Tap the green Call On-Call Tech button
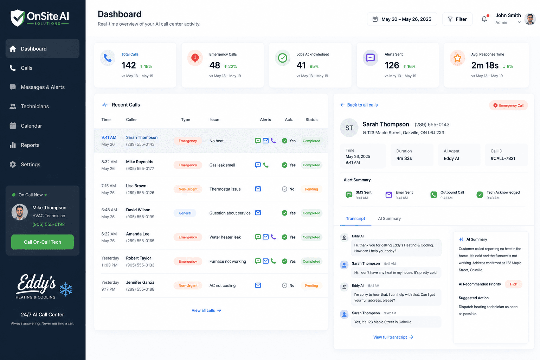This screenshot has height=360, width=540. coord(43,242)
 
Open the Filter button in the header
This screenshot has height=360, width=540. coord(457,19)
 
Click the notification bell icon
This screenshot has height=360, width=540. coord(484,19)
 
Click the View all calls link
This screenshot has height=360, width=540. coord(206,310)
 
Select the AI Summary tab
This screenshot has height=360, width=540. coord(389,218)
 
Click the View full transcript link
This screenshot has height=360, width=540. coord(393,337)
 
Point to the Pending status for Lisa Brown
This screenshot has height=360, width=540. coord(311,189)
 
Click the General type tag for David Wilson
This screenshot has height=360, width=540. coord(185,213)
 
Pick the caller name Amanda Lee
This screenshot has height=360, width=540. coord(138,234)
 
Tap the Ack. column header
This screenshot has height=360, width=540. coord(289,120)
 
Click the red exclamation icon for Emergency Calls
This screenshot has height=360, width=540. coord(195,58)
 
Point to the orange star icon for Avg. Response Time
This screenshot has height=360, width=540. coord(457,58)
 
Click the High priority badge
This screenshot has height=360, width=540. coord(514,284)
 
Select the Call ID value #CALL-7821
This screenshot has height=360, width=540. coord(503,159)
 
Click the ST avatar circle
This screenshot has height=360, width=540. coord(349,128)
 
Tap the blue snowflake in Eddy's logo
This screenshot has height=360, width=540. coord(66,289)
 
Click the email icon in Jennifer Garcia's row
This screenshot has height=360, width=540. coord(258,285)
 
